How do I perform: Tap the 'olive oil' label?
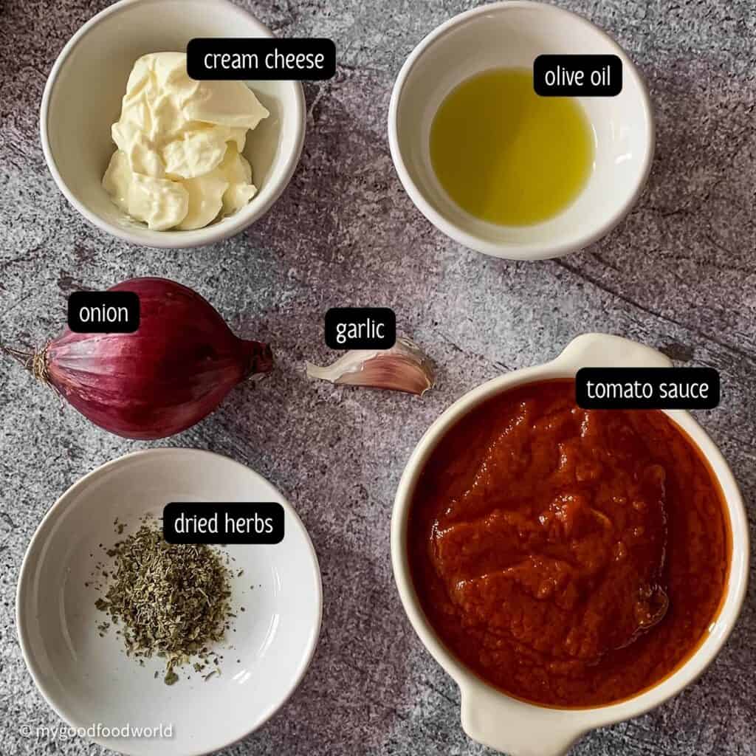click(x=577, y=75)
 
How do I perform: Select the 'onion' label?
click(x=103, y=313)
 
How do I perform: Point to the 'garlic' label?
click(x=360, y=329)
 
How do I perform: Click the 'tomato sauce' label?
click(x=647, y=388)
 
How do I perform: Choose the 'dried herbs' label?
click(x=223, y=523)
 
